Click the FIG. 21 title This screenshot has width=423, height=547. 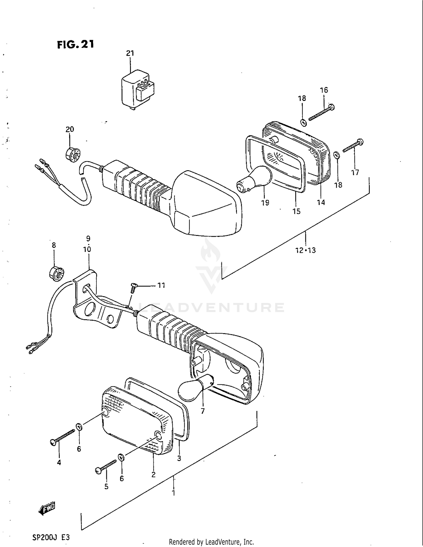(76, 45)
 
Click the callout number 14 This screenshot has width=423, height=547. (321, 202)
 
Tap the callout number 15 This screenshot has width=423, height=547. (296, 211)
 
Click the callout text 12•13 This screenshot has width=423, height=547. (306, 250)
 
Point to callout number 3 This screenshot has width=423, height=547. (179, 459)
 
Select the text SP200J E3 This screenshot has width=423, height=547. (51, 537)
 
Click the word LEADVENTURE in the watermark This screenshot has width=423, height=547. (211, 307)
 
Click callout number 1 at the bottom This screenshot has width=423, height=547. (174, 493)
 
